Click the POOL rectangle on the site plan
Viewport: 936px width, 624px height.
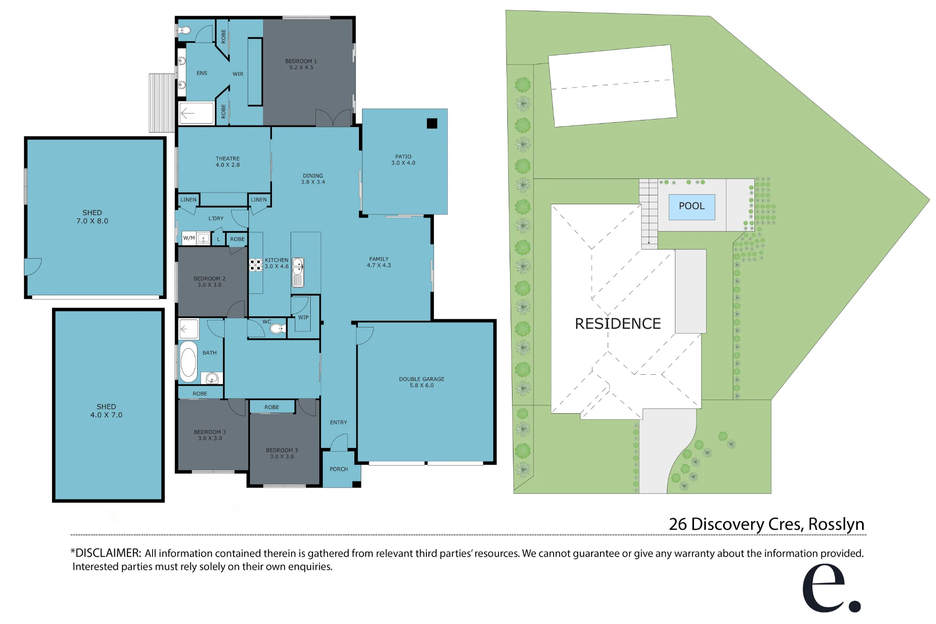tap(692, 207)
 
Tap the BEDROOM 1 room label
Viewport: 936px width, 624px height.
tap(301, 61)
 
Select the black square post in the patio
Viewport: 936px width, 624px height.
tap(432, 123)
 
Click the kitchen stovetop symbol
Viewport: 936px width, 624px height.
tap(256, 265)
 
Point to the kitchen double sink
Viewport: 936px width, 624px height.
tap(298, 272)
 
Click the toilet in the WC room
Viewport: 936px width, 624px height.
tap(277, 328)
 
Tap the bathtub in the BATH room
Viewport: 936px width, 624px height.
tap(189, 362)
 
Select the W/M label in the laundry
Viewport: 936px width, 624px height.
tap(189, 238)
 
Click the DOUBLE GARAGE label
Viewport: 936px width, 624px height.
tap(422, 379)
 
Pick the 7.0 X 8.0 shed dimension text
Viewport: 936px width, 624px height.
tap(92, 221)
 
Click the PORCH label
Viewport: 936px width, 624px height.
tap(339, 469)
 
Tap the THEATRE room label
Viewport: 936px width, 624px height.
tap(227, 159)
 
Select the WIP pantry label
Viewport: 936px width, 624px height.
tap(303, 317)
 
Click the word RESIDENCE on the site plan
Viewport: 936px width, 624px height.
tap(618, 324)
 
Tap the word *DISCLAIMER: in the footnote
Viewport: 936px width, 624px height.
tap(106, 553)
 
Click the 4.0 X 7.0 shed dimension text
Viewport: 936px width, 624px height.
tap(106, 415)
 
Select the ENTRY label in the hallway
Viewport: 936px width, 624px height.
tap(338, 423)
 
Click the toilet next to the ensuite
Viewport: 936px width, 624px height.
tap(185, 30)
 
